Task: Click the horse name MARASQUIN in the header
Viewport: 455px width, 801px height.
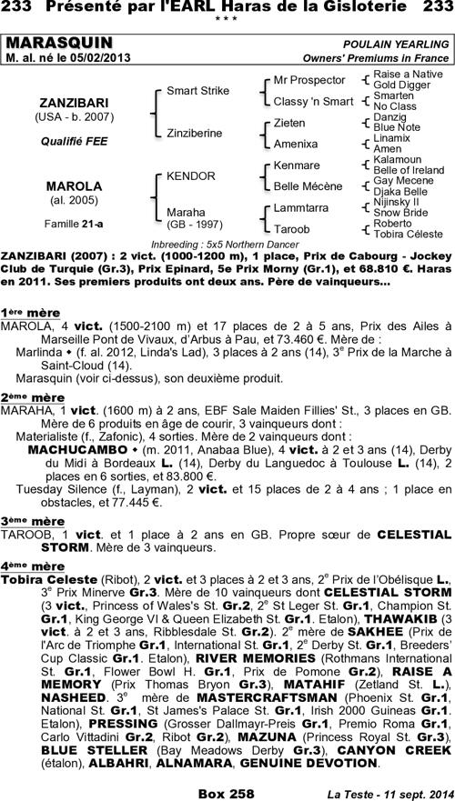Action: pyautogui.click(x=60, y=44)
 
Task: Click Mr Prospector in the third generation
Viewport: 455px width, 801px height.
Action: pyautogui.click(x=309, y=80)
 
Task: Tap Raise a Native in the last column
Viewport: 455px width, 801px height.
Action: pyautogui.click(x=401, y=73)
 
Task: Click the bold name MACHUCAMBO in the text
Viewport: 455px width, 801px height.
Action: pyautogui.click(x=76, y=447)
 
